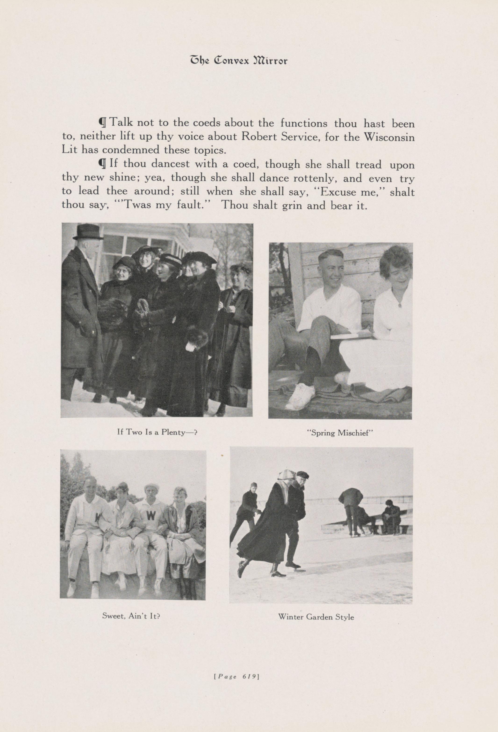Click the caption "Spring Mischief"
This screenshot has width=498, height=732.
[x=340, y=433]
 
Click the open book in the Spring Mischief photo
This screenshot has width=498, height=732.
[x=351, y=335]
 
